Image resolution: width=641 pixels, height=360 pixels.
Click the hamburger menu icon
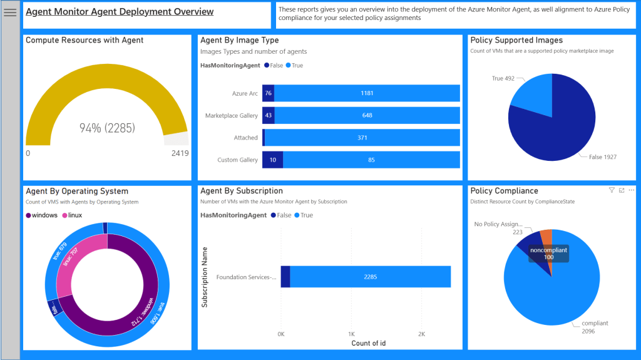(x=10, y=13)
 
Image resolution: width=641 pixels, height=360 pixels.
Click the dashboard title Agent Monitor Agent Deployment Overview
(x=120, y=12)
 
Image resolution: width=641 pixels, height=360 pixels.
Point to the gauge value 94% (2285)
(x=107, y=128)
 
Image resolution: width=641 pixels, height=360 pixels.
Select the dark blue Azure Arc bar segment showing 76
(x=268, y=93)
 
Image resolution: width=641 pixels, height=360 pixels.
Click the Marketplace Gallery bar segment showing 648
(x=367, y=115)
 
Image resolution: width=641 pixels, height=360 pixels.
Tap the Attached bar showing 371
(x=362, y=138)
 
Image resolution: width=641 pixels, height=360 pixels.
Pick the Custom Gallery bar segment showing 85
(x=371, y=160)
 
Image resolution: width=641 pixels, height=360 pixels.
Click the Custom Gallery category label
(x=237, y=160)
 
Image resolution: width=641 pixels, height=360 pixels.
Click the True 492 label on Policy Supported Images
(x=503, y=78)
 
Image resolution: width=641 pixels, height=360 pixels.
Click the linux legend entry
(x=74, y=215)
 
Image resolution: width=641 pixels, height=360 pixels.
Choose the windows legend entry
(x=44, y=215)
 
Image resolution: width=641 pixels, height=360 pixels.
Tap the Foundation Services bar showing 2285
(x=370, y=277)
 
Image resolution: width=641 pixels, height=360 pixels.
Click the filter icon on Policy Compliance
(x=612, y=190)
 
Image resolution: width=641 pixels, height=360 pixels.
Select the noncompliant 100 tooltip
(x=548, y=253)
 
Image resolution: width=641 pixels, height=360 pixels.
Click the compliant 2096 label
(x=594, y=327)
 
